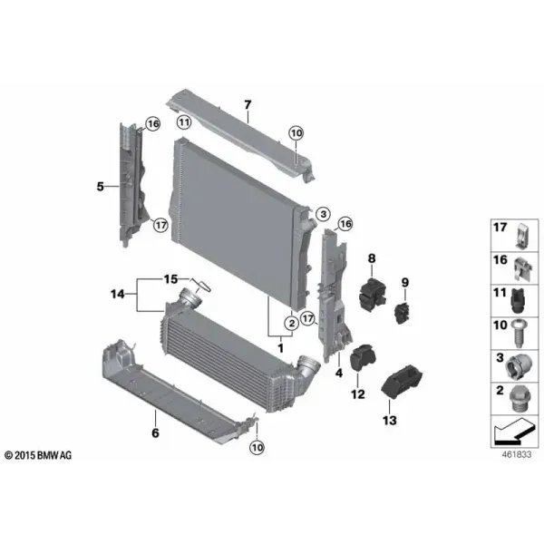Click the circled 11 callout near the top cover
click(x=184, y=122)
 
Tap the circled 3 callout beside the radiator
click(x=324, y=214)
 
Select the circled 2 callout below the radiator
click(x=292, y=324)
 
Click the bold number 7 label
click(x=248, y=104)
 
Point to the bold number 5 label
click(x=101, y=187)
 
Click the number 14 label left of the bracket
click(x=118, y=294)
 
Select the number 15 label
click(x=170, y=279)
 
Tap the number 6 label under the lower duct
click(x=155, y=432)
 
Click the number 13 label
click(x=390, y=420)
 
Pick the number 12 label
click(x=358, y=394)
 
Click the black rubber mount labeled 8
click(x=372, y=294)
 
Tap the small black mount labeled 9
click(x=403, y=313)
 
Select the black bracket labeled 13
click(x=402, y=381)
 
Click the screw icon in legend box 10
click(x=519, y=333)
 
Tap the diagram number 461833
click(x=517, y=454)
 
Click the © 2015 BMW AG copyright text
click(x=38, y=455)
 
